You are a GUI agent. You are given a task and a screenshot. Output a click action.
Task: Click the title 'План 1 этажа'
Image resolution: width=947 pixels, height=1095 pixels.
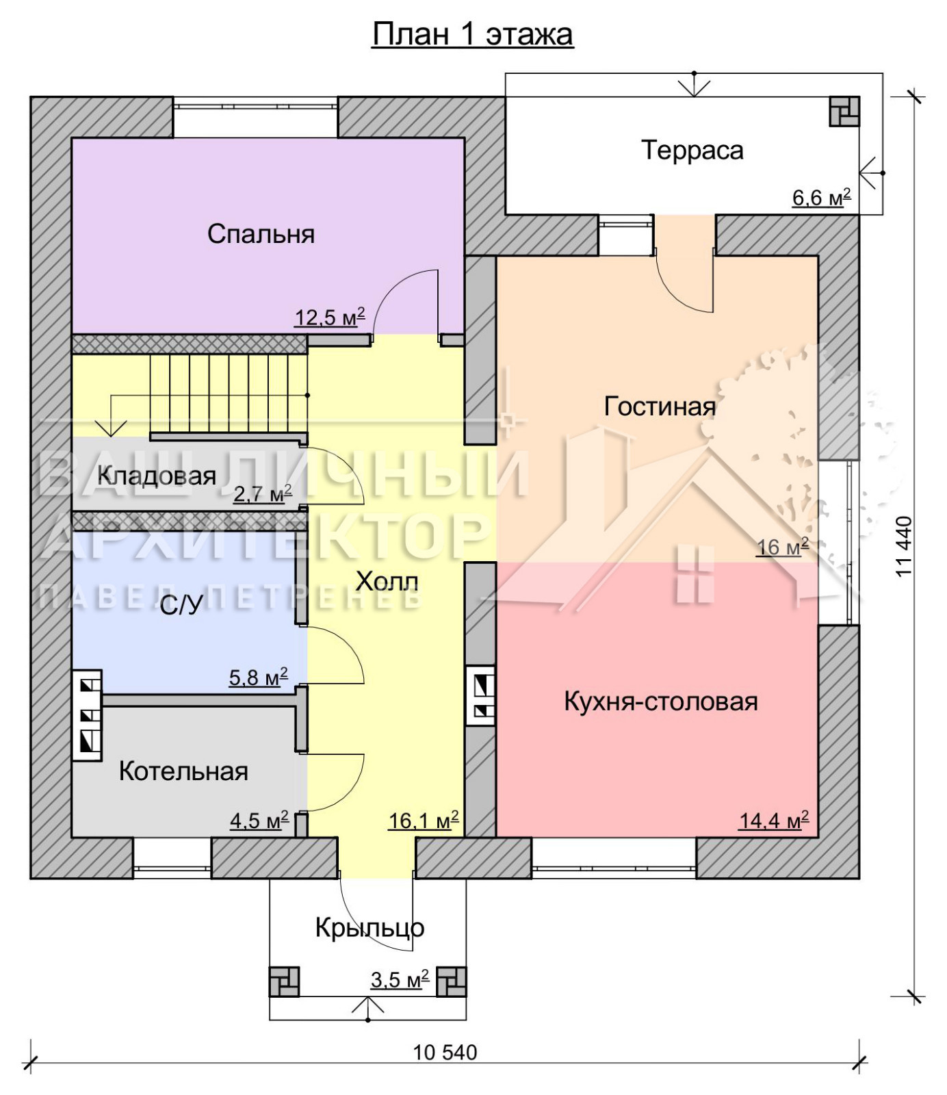point(473,34)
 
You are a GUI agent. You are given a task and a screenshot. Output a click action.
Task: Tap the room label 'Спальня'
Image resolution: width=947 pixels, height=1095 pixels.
point(261,234)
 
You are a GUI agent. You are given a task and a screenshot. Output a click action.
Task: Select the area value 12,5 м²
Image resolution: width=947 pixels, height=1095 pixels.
point(330,317)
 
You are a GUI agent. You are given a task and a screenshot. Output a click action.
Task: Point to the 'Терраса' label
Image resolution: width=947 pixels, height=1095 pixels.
point(692,150)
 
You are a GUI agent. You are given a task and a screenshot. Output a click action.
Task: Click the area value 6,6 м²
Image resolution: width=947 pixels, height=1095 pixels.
point(821,198)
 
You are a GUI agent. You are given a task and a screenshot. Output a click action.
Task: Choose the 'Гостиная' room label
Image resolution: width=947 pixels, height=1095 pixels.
point(660,407)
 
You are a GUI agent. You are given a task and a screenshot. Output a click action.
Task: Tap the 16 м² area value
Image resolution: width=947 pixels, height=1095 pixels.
point(782,547)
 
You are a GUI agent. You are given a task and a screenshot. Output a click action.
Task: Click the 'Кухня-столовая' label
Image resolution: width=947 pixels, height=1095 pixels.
point(661,701)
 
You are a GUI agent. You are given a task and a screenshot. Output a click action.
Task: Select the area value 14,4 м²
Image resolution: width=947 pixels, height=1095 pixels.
point(774,820)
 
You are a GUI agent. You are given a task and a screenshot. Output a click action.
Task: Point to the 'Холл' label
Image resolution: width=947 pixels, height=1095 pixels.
point(387,582)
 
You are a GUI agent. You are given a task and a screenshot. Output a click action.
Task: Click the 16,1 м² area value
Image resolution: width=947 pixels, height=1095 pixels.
point(424,820)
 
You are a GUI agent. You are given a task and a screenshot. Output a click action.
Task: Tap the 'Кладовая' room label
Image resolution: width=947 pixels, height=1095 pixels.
point(157,476)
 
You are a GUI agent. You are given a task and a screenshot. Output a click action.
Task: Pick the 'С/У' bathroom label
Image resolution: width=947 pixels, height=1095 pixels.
point(181,605)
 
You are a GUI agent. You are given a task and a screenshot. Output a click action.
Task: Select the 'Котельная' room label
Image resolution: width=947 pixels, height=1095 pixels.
point(183,771)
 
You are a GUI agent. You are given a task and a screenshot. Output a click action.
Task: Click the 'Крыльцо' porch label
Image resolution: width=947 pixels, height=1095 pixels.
point(369,928)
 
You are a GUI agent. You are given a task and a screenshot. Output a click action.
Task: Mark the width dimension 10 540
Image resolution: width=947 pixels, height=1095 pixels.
point(445,1052)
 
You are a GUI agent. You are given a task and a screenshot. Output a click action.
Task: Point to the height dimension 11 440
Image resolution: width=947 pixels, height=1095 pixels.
point(904,547)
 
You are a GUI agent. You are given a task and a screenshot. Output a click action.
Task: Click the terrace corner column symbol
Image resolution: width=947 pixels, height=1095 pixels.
point(844,112)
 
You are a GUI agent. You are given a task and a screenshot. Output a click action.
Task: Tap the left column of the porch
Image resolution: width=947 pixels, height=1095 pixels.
point(284,981)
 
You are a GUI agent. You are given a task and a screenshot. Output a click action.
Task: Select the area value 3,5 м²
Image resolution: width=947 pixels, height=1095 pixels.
point(400,979)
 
